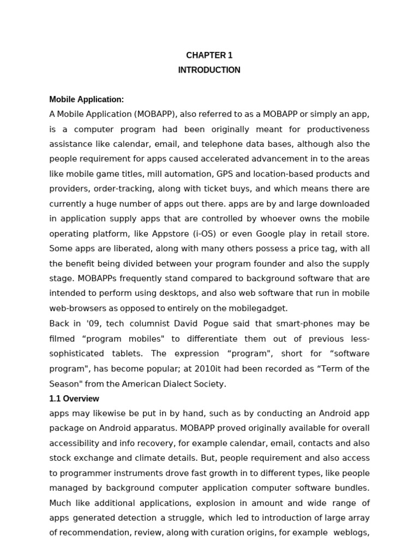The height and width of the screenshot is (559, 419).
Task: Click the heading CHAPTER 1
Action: tap(209, 55)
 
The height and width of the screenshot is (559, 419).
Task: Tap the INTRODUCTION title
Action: tap(209, 70)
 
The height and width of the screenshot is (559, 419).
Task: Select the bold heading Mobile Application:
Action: tap(87, 99)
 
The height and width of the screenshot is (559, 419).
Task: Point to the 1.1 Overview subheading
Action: tap(74, 399)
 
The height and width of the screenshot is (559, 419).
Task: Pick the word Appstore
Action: tap(166, 234)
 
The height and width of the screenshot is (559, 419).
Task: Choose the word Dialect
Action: tap(179, 384)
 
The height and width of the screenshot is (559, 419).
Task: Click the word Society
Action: tap(211, 384)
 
